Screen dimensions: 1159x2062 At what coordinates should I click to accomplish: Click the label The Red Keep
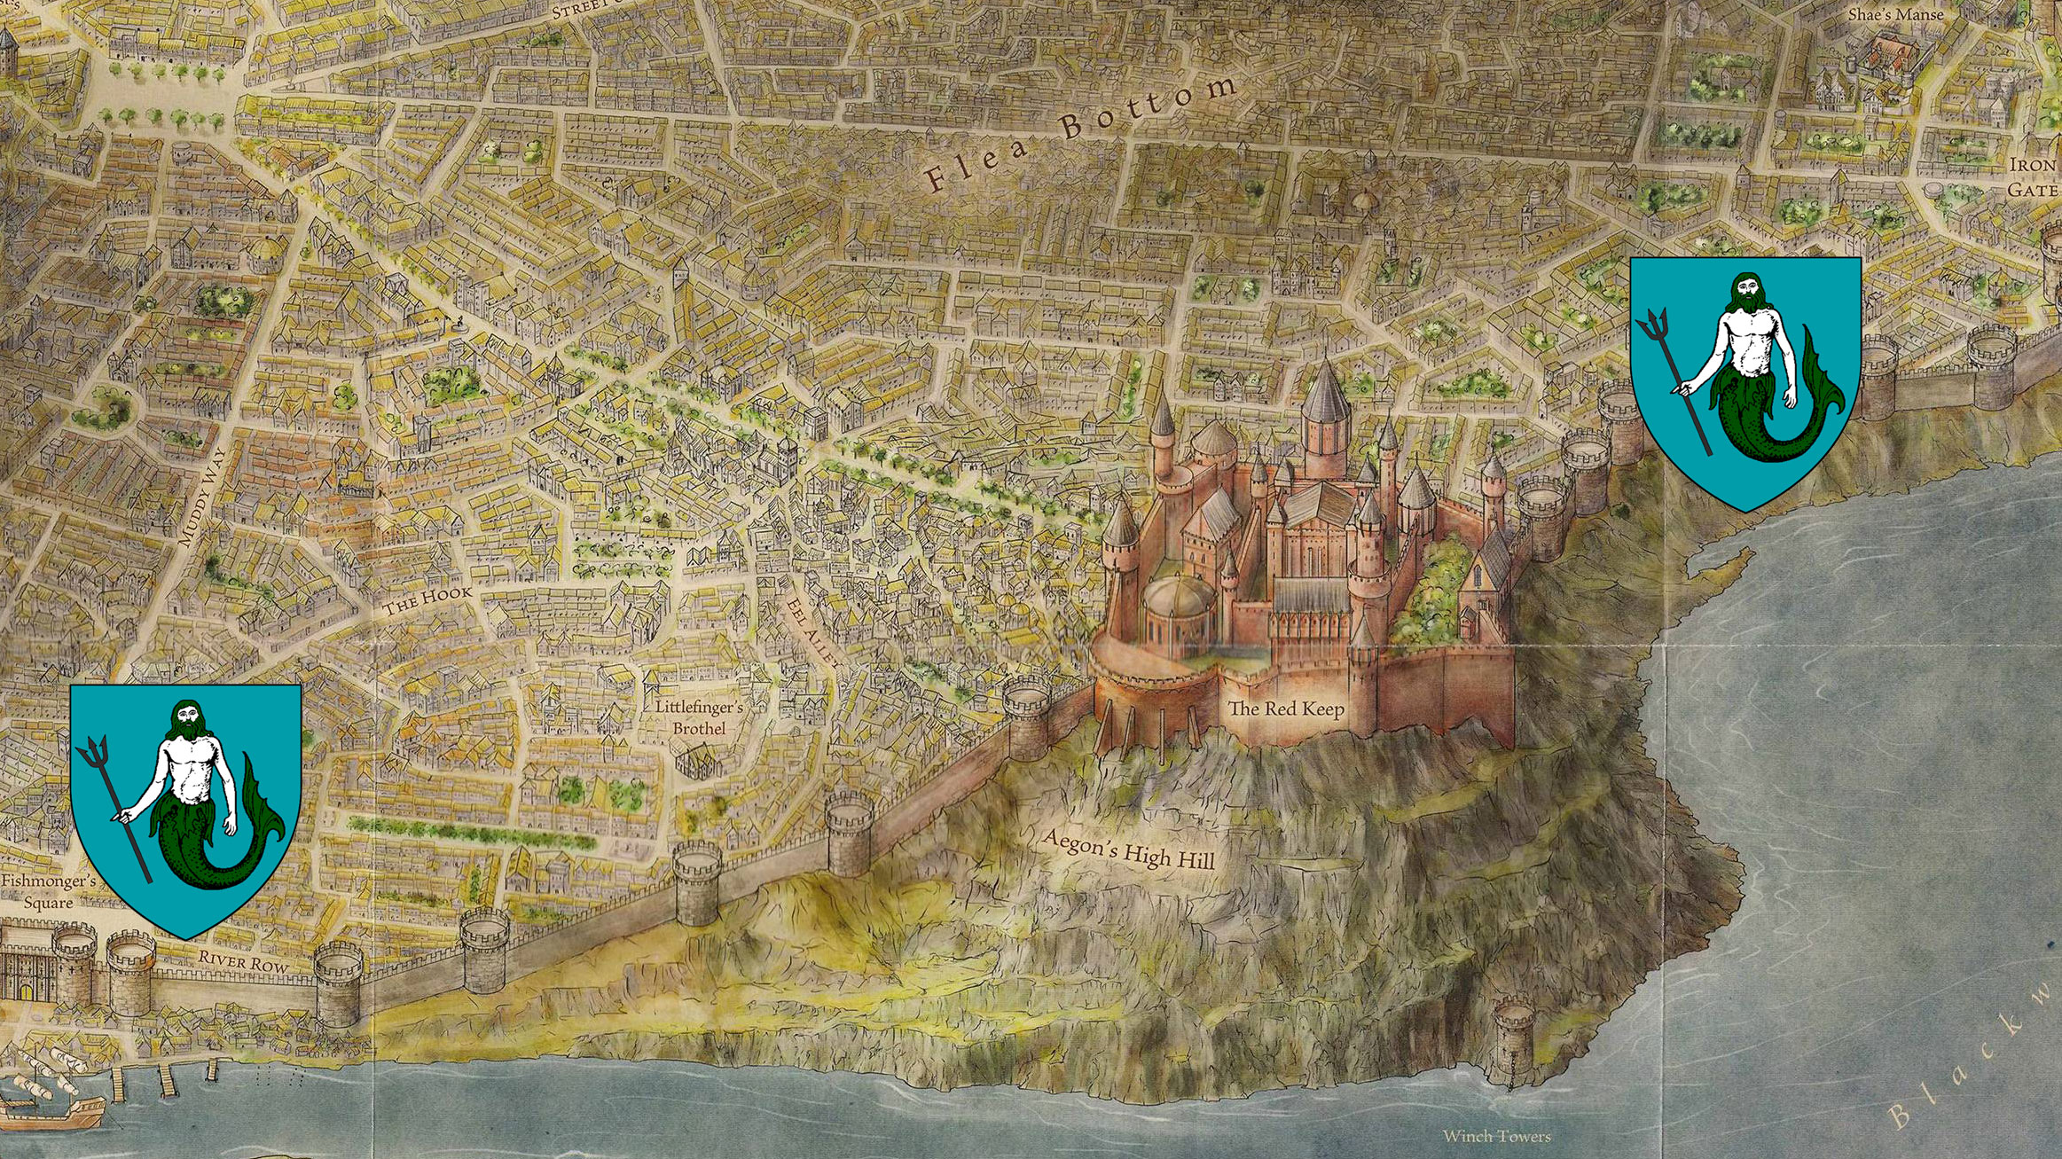coord(1285,709)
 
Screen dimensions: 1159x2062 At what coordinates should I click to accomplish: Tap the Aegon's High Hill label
coord(1127,850)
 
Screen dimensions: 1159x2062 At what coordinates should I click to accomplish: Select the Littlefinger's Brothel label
coord(699,717)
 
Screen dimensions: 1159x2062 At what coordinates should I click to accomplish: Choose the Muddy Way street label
coord(203,496)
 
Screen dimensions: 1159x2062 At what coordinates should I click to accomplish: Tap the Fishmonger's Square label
coord(48,891)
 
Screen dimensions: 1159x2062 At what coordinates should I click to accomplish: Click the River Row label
coord(243,961)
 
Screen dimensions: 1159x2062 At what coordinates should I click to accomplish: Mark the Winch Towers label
coord(1496,1136)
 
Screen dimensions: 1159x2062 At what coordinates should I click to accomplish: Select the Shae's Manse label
coord(1895,15)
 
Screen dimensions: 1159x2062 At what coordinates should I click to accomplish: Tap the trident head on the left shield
coord(90,751)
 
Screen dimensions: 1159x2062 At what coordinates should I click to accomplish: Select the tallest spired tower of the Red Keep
coord(1325,399)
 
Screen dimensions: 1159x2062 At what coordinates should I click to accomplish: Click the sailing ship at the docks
coord(53,1100)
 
